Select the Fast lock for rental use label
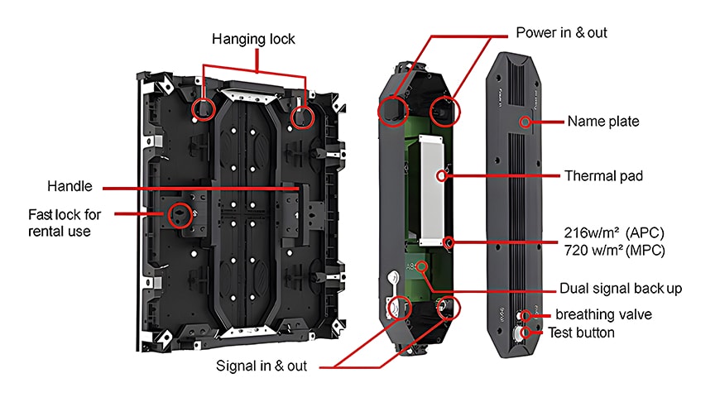coord(65,223)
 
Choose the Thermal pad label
coord(605,175)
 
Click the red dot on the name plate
coord(524,122)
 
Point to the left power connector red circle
coord(391,109)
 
